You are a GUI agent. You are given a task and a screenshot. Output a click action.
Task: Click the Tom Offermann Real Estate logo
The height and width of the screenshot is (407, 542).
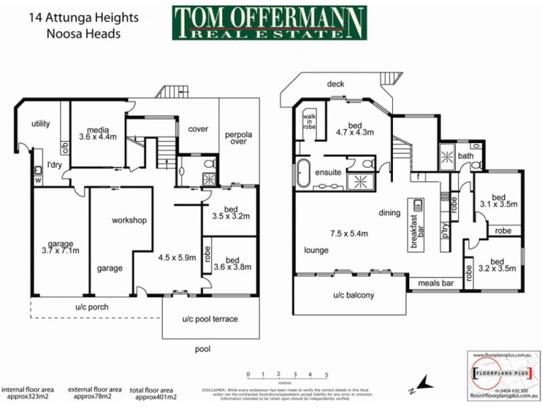point(269,23)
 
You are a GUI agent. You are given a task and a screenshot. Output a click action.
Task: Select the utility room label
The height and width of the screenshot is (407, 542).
point(41,124)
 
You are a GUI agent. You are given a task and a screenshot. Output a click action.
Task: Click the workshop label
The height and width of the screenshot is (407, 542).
point(129,220)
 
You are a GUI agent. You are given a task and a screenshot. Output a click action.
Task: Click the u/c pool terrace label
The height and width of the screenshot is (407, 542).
point(210,319)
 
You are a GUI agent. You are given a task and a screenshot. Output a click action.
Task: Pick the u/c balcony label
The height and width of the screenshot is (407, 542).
point(353,296)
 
